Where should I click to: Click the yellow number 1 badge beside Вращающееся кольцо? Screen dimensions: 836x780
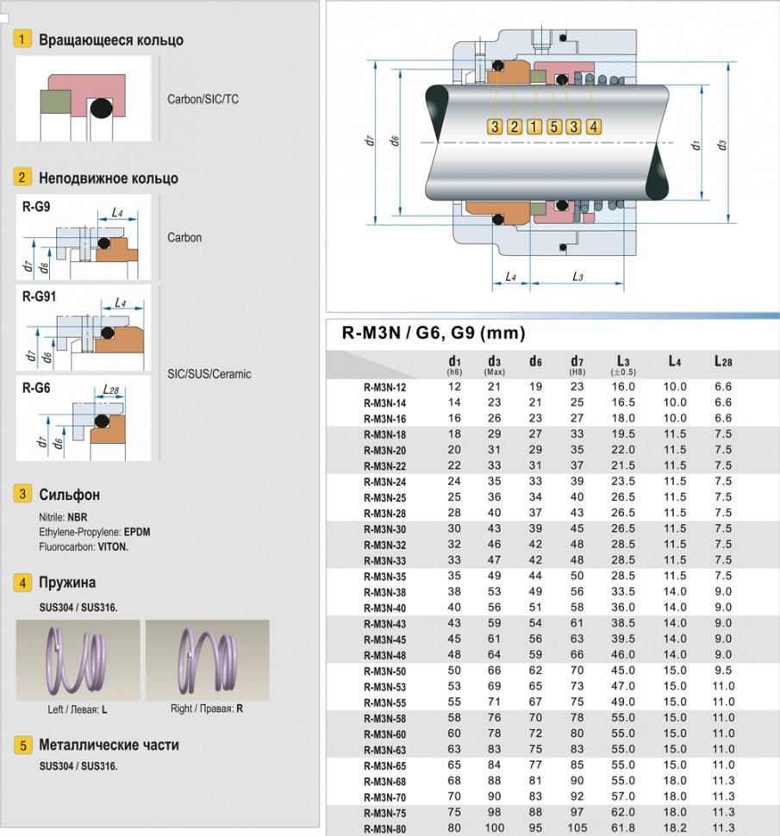click(23, 40)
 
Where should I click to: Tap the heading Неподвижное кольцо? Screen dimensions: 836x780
click(109, 178)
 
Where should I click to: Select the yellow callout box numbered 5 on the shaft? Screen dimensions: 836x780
click(554, 127)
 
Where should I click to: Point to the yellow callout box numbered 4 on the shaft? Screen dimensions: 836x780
click(594, 127)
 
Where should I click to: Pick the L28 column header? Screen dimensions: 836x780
click(722, 361)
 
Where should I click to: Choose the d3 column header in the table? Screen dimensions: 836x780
click(494, 362)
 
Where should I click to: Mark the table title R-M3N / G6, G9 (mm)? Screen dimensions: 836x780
click(434, 334)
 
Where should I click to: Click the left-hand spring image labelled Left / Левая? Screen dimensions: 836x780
click(78, 660)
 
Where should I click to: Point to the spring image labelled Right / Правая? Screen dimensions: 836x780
click(207, 660)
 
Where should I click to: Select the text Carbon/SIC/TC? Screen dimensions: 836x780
click(203, 99)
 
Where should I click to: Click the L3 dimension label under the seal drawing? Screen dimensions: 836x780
click(577, 277)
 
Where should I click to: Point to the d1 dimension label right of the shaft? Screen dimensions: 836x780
click(696, 145)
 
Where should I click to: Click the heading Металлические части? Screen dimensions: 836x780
click(109, 745)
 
